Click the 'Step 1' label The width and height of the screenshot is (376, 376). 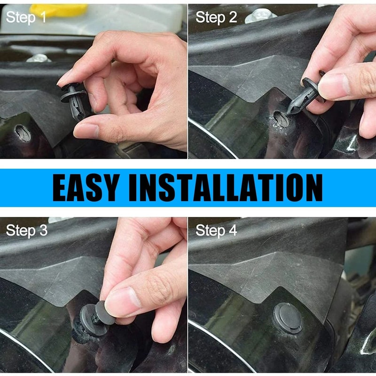[26, 18]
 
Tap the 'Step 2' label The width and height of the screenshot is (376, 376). [216, 18]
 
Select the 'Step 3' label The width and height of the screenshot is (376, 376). [26, 231]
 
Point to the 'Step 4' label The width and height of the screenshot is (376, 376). [216, 231]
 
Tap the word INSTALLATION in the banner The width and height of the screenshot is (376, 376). [226, 188]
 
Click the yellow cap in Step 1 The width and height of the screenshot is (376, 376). [59, 10]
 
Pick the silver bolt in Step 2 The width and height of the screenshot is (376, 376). [260, 16]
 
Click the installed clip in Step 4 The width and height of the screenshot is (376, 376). [288, 318]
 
